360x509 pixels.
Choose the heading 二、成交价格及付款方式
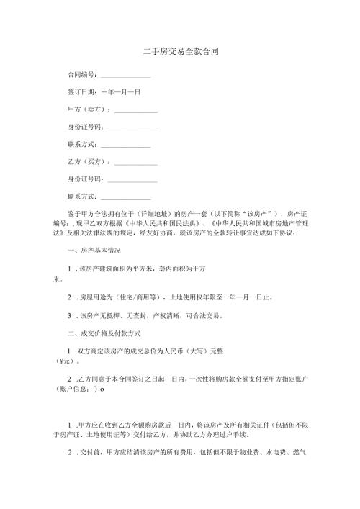[103, 333]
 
